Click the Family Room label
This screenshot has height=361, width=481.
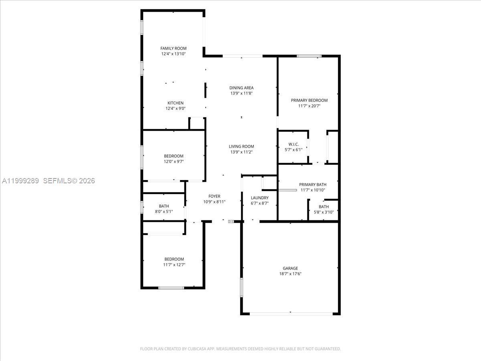pyautogui.click(x=174, y=48)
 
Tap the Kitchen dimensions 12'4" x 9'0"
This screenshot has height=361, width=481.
pyautogui.click(x=175, y=108)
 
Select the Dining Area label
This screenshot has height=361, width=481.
pyautogui.click(x=241, y=88)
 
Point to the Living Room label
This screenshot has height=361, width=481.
pyautogui.click(x=241, y=146)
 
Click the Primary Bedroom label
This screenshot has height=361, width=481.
pyautogui.click(x=309, y=100)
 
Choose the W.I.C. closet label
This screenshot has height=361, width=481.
pyautogui.click(x=293, y=144)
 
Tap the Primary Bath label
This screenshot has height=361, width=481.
pyautogui.click(x=313, y=185)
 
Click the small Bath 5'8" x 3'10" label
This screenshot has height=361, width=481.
pyautogui.click(x=323, y=207)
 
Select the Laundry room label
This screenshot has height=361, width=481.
pyautogui.click(x=259, y=198)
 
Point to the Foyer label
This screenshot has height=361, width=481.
pyautogui.click(x=214, y=196)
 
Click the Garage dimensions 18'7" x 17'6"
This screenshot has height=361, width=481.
pyautogui.click(x=290, y=274)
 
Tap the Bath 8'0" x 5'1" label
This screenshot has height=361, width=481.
pyautogui.click(x=164, y=206)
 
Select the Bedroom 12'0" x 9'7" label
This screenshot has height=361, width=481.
pyautogui.click(x=174, y=156)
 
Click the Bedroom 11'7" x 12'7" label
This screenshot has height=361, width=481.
pyautogui.click(x=174, y=259)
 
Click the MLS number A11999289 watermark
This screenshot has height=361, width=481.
pyautogui.click(x=20, y=181)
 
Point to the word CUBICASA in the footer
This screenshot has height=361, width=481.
pyautogui.click(x=196, y=349)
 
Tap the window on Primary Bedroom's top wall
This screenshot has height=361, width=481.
pyautogui.click(x=309, y=56)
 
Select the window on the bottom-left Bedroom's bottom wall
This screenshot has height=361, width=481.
pyautogui.click(x=171, y=288)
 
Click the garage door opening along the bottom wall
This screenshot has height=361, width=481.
pyautogui.click(x=291, y=314)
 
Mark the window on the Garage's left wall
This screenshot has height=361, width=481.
pyautogui.click(x=241, y=287)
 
